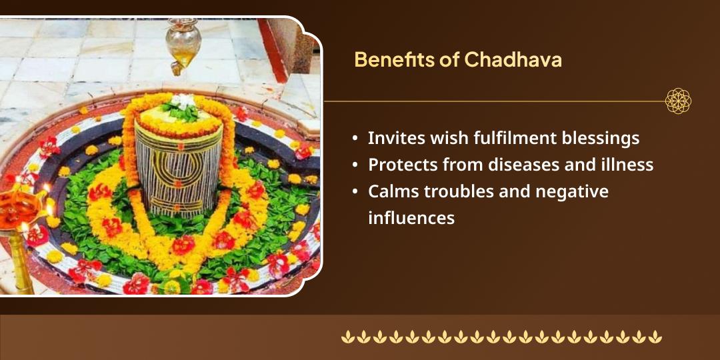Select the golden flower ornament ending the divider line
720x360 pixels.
(x=678, y=101)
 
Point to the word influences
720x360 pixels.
(x=411, y=217)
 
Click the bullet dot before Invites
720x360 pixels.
(x=356, y=139)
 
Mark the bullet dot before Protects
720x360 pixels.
(x=356, y=165)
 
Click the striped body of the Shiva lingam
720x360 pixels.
(x=178, y=173)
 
